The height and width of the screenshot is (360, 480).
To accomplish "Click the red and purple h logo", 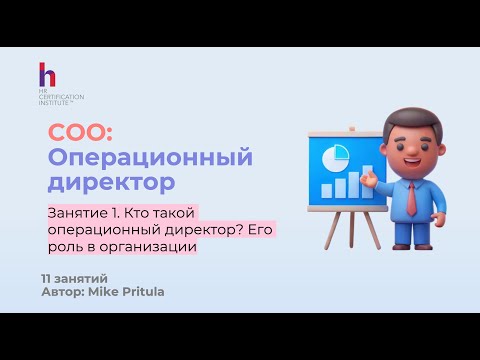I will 46,75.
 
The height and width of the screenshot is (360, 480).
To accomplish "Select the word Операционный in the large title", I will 150,158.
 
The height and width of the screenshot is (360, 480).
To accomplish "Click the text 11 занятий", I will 74,276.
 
